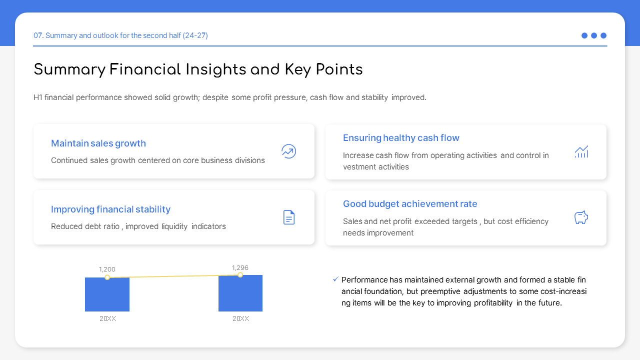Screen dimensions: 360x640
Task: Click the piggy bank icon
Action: coord(581,217)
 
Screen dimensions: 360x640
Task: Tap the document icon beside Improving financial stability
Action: coord(289,217)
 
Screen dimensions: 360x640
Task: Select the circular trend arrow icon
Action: coord(289,151)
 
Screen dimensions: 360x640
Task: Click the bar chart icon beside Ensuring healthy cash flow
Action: coord(581,152)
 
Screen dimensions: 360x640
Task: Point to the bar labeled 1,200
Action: coord(107,295)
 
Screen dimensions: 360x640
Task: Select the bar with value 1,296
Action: coord(240,294)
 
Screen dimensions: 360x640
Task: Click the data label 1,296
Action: coord(240,268)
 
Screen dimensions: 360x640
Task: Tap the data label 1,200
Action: coord(107,269)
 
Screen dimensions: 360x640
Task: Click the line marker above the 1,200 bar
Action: coord(107,277)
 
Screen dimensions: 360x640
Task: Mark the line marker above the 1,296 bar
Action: coord(240,275)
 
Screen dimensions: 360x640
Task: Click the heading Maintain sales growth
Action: coord(98,143)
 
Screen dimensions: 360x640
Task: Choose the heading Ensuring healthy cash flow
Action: coord(401,138)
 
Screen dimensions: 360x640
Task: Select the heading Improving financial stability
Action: coord(110,209)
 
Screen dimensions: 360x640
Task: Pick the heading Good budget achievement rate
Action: coord(410,204)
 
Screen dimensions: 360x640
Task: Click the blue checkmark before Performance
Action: coord(335,279)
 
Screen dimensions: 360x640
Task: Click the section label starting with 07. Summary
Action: coord(120,35)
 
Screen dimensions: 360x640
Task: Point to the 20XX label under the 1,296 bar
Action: coord(240,318)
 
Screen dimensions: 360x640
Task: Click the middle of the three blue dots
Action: coord(594,35)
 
